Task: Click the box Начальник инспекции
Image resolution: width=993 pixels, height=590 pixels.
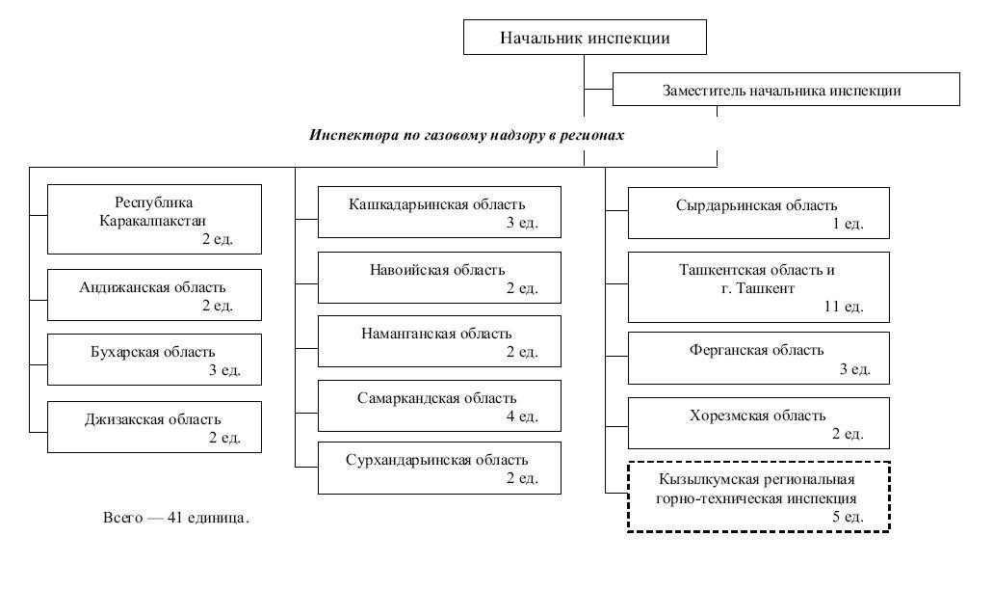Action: tap(585, 38)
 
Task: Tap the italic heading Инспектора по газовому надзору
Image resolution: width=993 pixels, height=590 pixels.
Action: tap(466, 135)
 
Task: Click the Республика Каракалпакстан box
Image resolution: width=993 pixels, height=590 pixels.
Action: tap(154, 219)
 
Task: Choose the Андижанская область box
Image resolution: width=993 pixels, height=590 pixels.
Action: tap(154, 295)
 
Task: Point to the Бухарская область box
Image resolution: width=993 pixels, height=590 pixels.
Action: tap(154, 360)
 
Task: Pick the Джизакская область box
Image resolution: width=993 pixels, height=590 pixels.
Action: tap(154, 426)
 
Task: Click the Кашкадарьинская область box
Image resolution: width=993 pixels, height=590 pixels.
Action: tap(439, 212)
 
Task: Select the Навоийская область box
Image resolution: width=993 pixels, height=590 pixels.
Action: tap(439, 278)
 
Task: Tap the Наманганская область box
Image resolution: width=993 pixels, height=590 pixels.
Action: tap(439, 341)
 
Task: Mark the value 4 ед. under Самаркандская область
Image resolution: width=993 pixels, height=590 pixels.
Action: tap(522, 416)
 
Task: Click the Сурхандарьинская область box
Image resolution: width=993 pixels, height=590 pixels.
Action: tap(439, 469)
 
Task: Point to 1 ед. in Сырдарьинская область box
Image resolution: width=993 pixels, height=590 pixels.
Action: tap(848, 224)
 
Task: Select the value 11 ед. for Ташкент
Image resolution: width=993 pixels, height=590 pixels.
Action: tap(844, 307)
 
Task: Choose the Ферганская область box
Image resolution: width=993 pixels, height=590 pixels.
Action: tap(758, 358)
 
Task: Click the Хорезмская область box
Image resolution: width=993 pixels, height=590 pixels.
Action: tap(758, 423)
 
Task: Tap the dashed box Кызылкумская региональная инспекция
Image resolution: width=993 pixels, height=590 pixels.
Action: tap(758, 496)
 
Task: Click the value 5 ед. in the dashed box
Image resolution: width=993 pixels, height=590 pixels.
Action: tap(848, 518)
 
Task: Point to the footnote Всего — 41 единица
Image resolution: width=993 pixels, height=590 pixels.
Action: tap(176, 518)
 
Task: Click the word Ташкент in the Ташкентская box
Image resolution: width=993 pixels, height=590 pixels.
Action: tap(767, 288)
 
